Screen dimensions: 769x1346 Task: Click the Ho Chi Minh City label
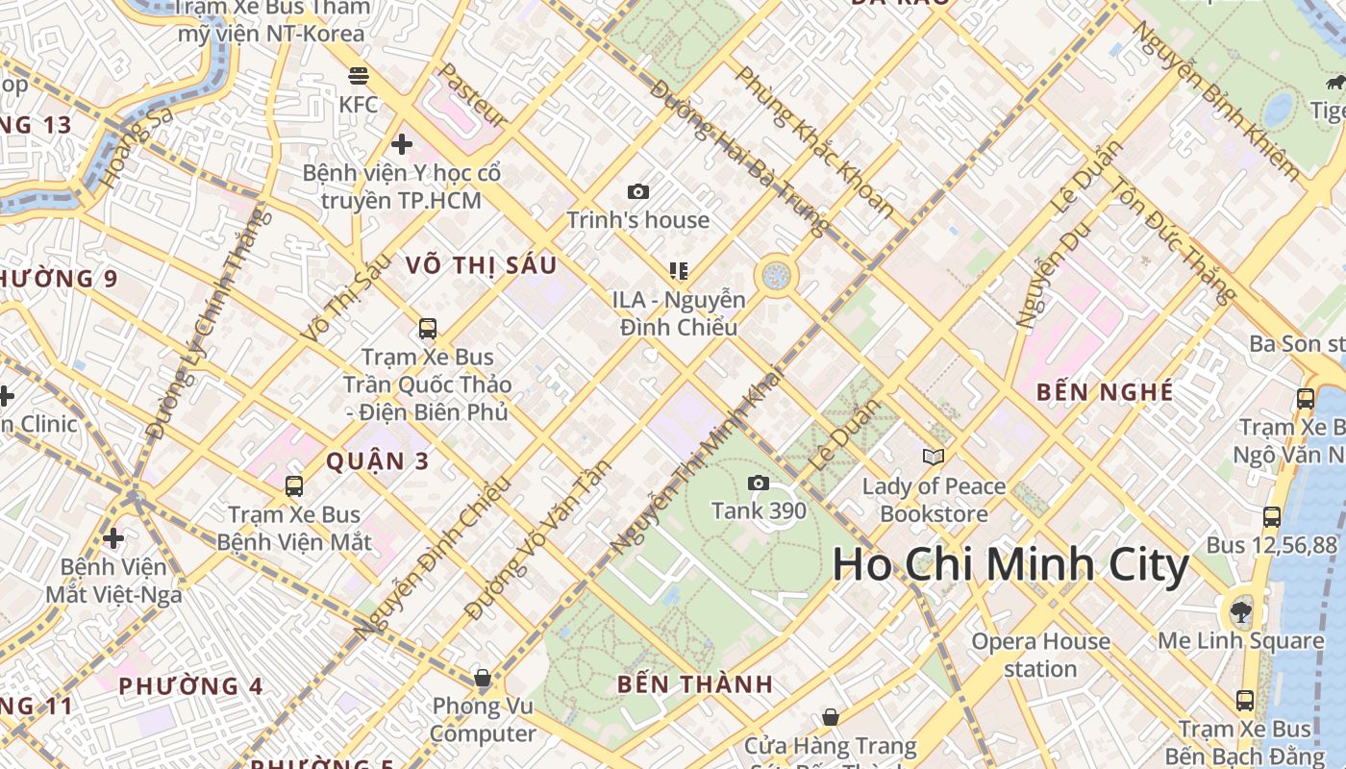coord(1010,564)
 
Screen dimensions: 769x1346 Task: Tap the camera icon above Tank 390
coord(759,483)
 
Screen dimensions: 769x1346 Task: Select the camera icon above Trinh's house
coord(637,192)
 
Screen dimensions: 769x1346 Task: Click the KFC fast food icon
coord(359,75)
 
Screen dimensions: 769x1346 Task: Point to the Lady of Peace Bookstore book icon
coord(933,457)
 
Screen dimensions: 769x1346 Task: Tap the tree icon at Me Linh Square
coord(1241,611)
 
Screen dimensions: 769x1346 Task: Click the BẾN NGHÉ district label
coord(1105,392)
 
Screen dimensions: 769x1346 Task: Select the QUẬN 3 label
coord(377,461)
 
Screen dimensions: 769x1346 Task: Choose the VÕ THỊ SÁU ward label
coord(481,265)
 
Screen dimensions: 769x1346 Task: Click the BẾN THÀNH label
coord(695,684)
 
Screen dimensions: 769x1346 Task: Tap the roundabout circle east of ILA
coord(775,276)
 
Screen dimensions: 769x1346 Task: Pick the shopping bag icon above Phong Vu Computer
coord(483,678)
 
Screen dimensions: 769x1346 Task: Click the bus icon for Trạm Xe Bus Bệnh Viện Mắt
coord(294,485)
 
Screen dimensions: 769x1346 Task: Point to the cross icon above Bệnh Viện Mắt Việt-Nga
coord(113,537)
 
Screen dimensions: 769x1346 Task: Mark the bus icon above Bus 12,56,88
coord(1271,517)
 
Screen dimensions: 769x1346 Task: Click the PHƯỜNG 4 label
coord(190,686)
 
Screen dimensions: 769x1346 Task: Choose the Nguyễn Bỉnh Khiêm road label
coord(1215,99)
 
